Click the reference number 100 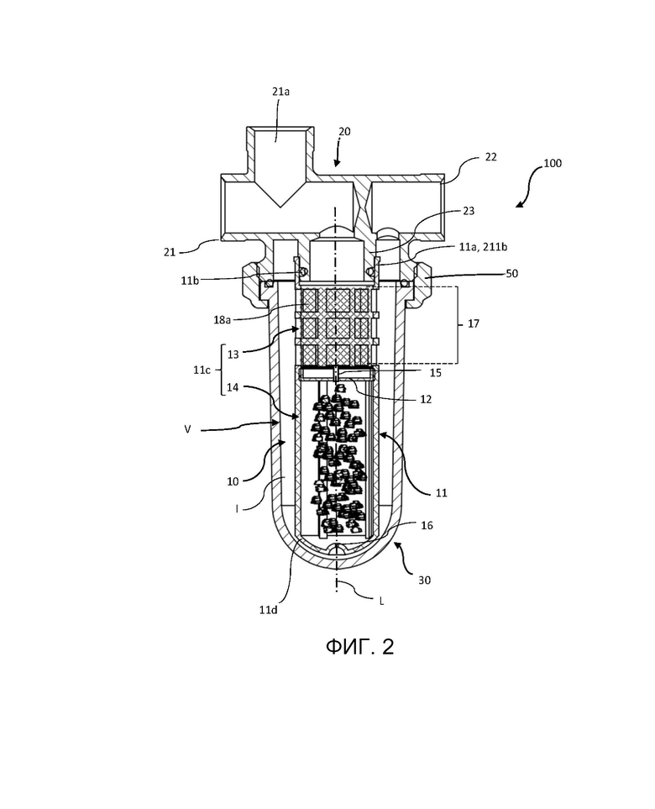point(553,163)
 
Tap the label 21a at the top point(280,92)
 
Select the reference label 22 point(490,157)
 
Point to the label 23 point(469,211)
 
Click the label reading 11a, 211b point(483,247)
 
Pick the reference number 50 point(511,274)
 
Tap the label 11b point(190,281)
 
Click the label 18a point(222,320)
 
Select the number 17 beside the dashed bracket point(473,323)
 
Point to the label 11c point(202,370)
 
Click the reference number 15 point(435,372)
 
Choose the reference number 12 point(426,399)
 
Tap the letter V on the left point(188,428)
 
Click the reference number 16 point(427,525)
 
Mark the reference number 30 point(424,580)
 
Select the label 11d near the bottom point(268,610)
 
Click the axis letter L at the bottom point(381,601)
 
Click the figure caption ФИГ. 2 point(359,647)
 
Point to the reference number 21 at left point(170,252)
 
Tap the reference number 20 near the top point(344,132)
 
